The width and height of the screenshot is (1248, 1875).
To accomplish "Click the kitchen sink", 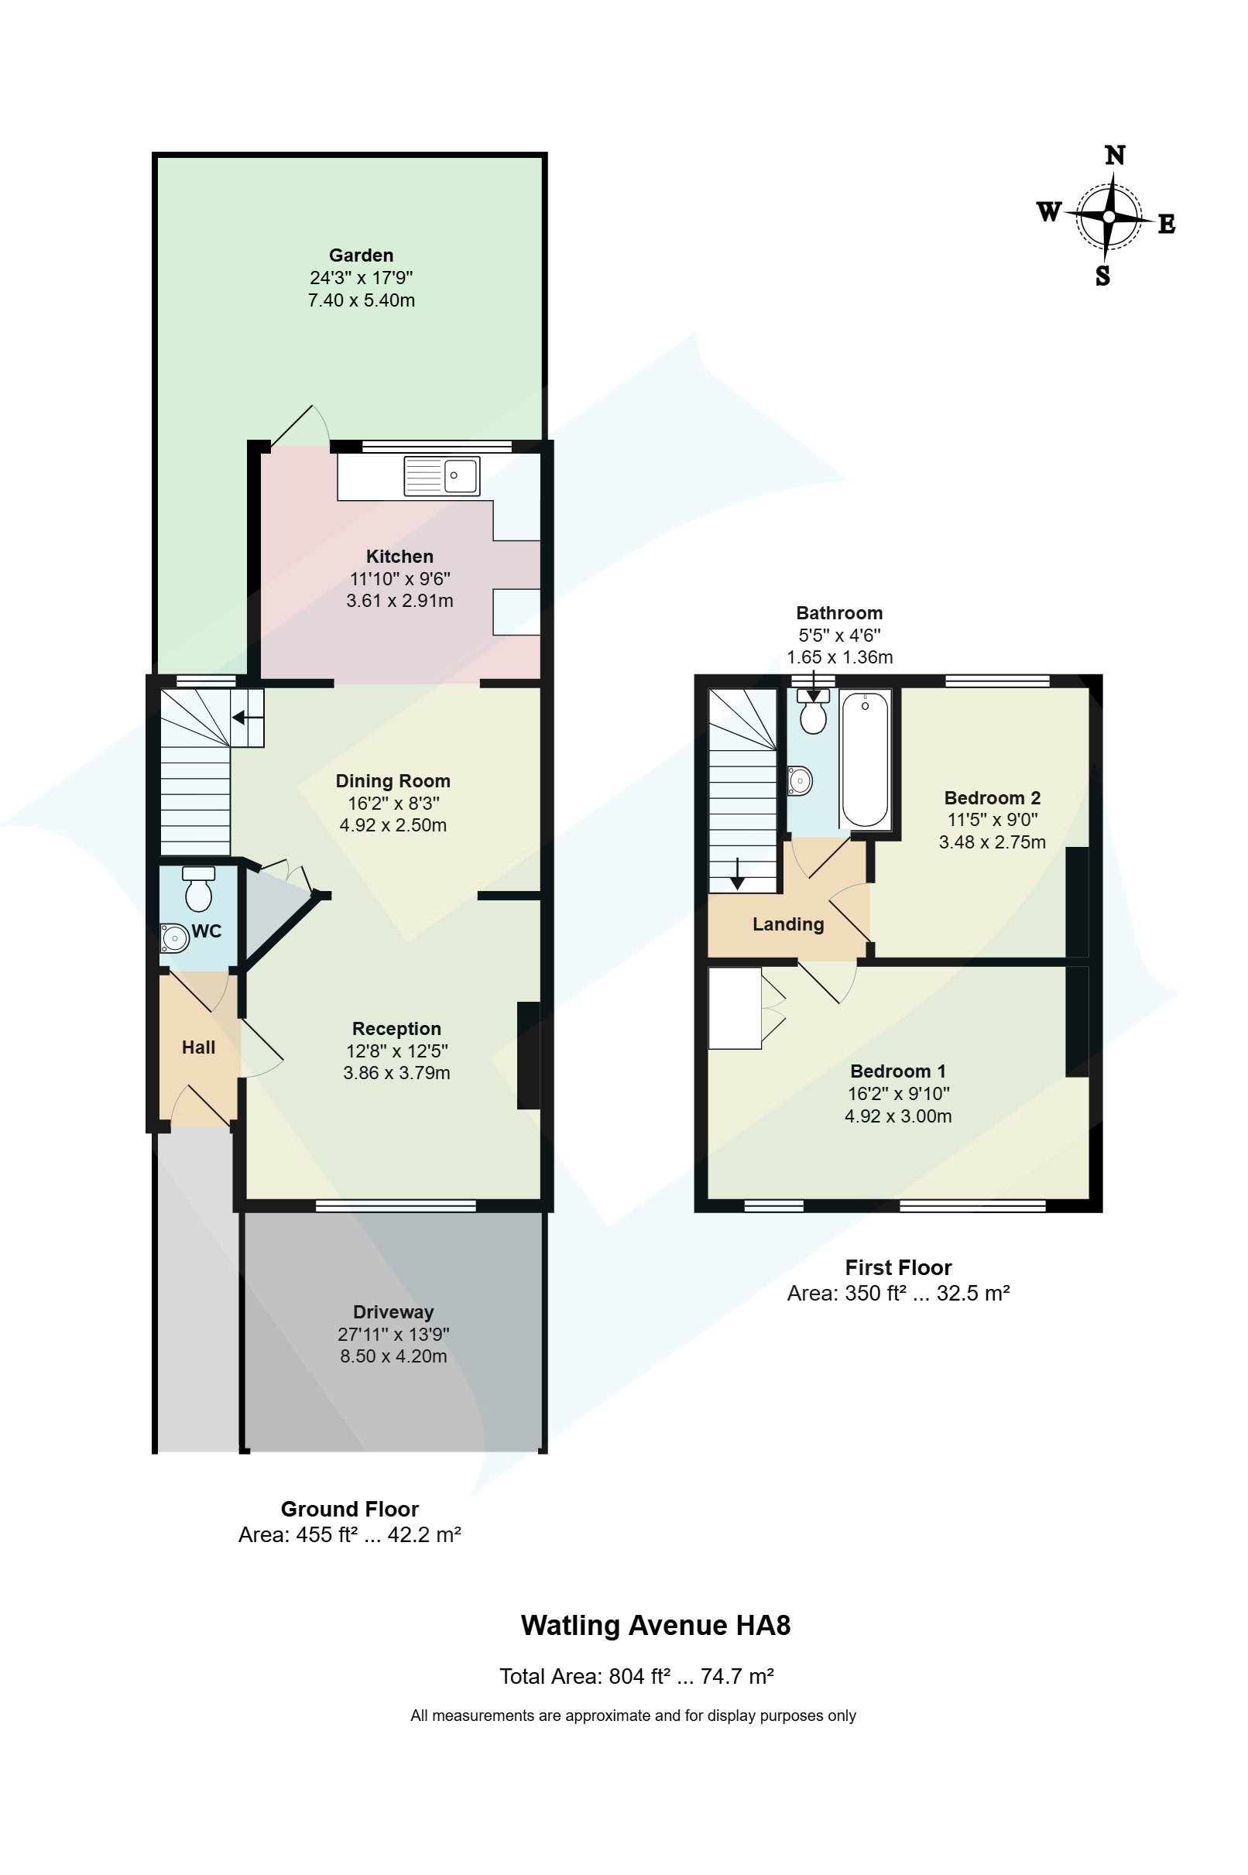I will pyautogui.click(x=442, y=476).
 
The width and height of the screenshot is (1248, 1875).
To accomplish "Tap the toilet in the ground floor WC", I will pyautogui.click(x=198, y=890).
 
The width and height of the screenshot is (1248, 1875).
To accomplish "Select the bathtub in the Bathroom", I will pyautogui.click(x=866, y=760).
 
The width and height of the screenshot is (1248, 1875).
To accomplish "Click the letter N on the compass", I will pyautogui.click(x=1115, y=155).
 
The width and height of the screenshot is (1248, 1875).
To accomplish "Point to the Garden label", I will pyautogui.click(x=362, y=255).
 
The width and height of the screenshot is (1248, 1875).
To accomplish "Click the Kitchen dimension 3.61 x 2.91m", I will pyautogui.click(x=399, y=601).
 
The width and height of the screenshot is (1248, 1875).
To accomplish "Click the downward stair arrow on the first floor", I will pyautogui.click(x=737, y=874).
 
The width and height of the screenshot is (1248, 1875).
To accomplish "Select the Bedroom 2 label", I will pyautogui.click(x=992, y=797).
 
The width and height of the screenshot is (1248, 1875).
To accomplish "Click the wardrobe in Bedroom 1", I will pyautogui.click(x=735, y=1007).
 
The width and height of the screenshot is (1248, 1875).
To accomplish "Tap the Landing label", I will pyautogui.click(x=788, y=924).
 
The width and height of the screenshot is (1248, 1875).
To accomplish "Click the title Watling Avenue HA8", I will pyautogui.click(x=655, y=1625).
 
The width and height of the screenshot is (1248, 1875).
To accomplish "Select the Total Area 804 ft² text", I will pyautogui.click(x=636, y=1676).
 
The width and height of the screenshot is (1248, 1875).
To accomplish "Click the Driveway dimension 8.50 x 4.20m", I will pyautogui.click(x=393, y=1356).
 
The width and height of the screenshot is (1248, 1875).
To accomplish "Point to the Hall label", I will pyautogui.click(x=198, y=1047).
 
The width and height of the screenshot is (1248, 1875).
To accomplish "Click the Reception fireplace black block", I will pyautogui.click(x=529, y=1054).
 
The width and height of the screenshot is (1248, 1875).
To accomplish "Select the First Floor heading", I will pyautogui.click(x=898, y=1267).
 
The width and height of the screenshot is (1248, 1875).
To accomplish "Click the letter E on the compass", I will pyautogui.click(x=1166, y=225).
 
